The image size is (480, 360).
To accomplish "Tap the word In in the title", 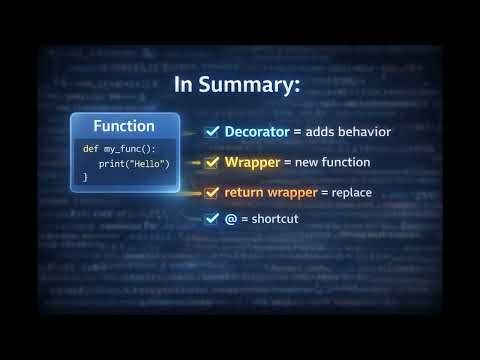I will [x=187, y=85].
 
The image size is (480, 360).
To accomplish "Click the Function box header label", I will [x=124, y=126].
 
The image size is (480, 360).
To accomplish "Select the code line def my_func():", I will [x=119, y=148].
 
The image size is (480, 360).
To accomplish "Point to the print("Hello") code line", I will [x=134, y=163].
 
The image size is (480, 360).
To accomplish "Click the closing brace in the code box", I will [x=86, y=177].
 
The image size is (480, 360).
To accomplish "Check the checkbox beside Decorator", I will [x=212, y=131].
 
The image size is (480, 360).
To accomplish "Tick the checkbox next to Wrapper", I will [x=212, y=161].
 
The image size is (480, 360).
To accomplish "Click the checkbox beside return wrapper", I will [x=212, y=191].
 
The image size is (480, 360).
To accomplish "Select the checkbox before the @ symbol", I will [x=212, y=218].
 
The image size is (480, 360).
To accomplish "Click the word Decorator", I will [x=257, y=131].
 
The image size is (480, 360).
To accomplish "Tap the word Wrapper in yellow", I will [x=252, y=161].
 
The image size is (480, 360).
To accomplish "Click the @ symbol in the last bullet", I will [x=230, y=218].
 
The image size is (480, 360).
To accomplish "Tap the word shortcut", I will [x=274, y=218].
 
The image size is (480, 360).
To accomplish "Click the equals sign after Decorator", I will [x=298, y=131].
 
